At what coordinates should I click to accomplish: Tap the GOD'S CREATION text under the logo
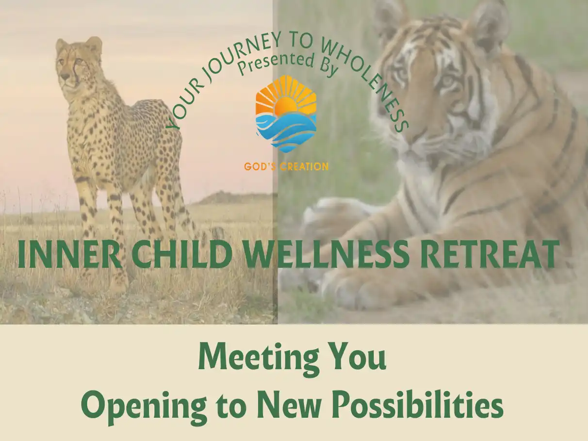pyautogui.click(x=286, y=166)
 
